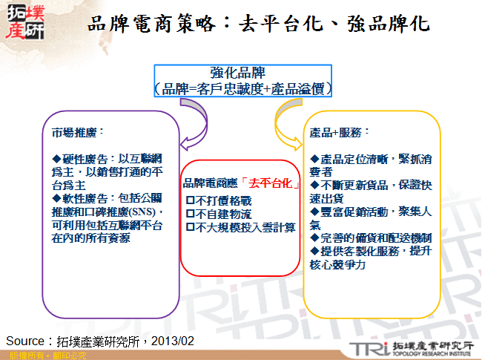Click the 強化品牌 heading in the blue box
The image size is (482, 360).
coord(242,73)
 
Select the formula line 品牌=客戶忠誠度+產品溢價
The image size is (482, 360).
coord(242,88)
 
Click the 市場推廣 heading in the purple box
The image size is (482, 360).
coord(74,133)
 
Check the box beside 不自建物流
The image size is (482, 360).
coord(191,214)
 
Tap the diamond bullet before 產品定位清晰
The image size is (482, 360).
coord(315,160)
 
